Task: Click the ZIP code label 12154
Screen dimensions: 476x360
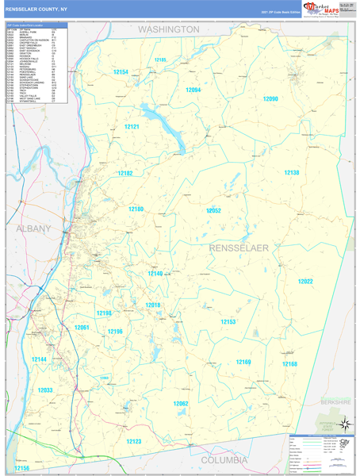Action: (x=121, y=72)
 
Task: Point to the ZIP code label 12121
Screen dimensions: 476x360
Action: (x=132, y=127)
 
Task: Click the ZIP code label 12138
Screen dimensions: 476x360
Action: (x=293, y=173)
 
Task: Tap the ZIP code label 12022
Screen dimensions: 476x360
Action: (x=305, y=282)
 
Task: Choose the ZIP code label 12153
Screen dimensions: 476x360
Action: (x=228, y=321)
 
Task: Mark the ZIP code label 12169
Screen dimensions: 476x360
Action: (x=243, y=362)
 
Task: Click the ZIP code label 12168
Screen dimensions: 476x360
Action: (x=289, y=363)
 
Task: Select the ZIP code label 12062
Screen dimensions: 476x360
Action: (x=181, y=404)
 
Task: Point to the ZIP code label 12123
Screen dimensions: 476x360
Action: (x=133, y=441)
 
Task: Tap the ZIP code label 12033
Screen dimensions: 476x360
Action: (x=45, y=390)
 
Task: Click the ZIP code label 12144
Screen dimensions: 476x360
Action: (x=40, y=359)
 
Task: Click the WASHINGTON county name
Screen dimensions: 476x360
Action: (x=169, y=29)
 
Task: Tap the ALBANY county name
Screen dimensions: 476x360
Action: (x=33, y=228)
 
